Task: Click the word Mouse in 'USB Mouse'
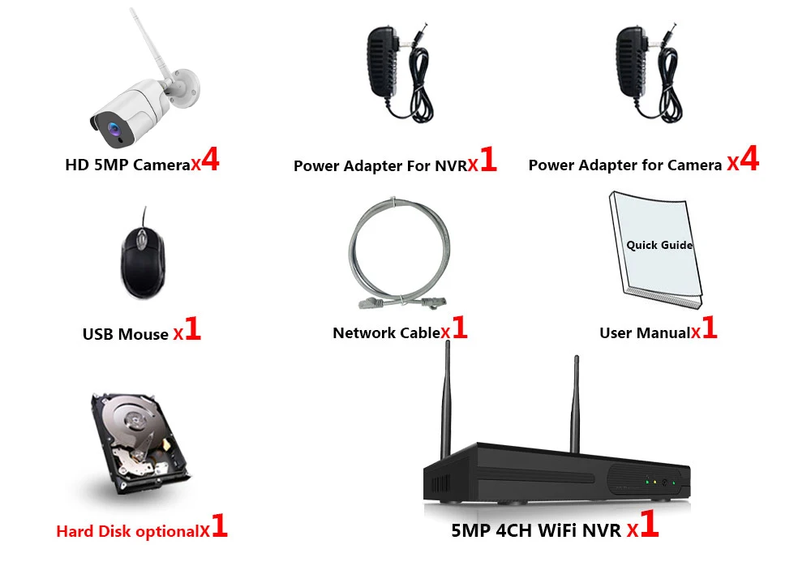(x=144, y=334)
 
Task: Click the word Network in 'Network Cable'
(x=364, y=332)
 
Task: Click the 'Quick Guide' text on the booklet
(x=659, y=245)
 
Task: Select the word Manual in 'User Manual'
(x=663, y=332)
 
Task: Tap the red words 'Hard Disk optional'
(x=128, y=532)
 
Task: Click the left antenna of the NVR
(x=446, y=397)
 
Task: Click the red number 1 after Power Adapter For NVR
(x=487, y=161)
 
